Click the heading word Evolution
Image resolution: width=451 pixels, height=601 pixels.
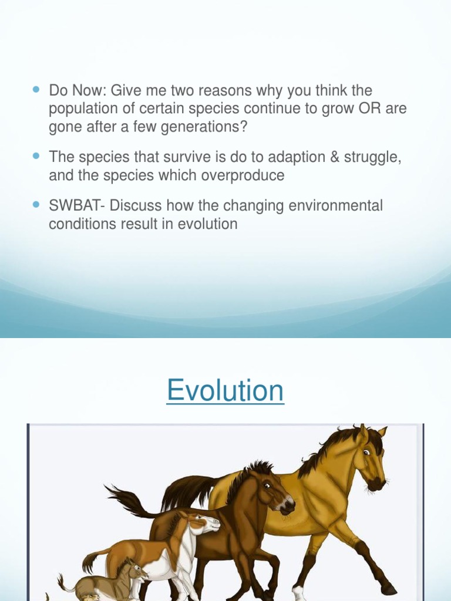point(225,390)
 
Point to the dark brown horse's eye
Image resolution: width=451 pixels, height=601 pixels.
point(267,485)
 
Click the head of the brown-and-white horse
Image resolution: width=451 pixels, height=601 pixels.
point(203,522)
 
